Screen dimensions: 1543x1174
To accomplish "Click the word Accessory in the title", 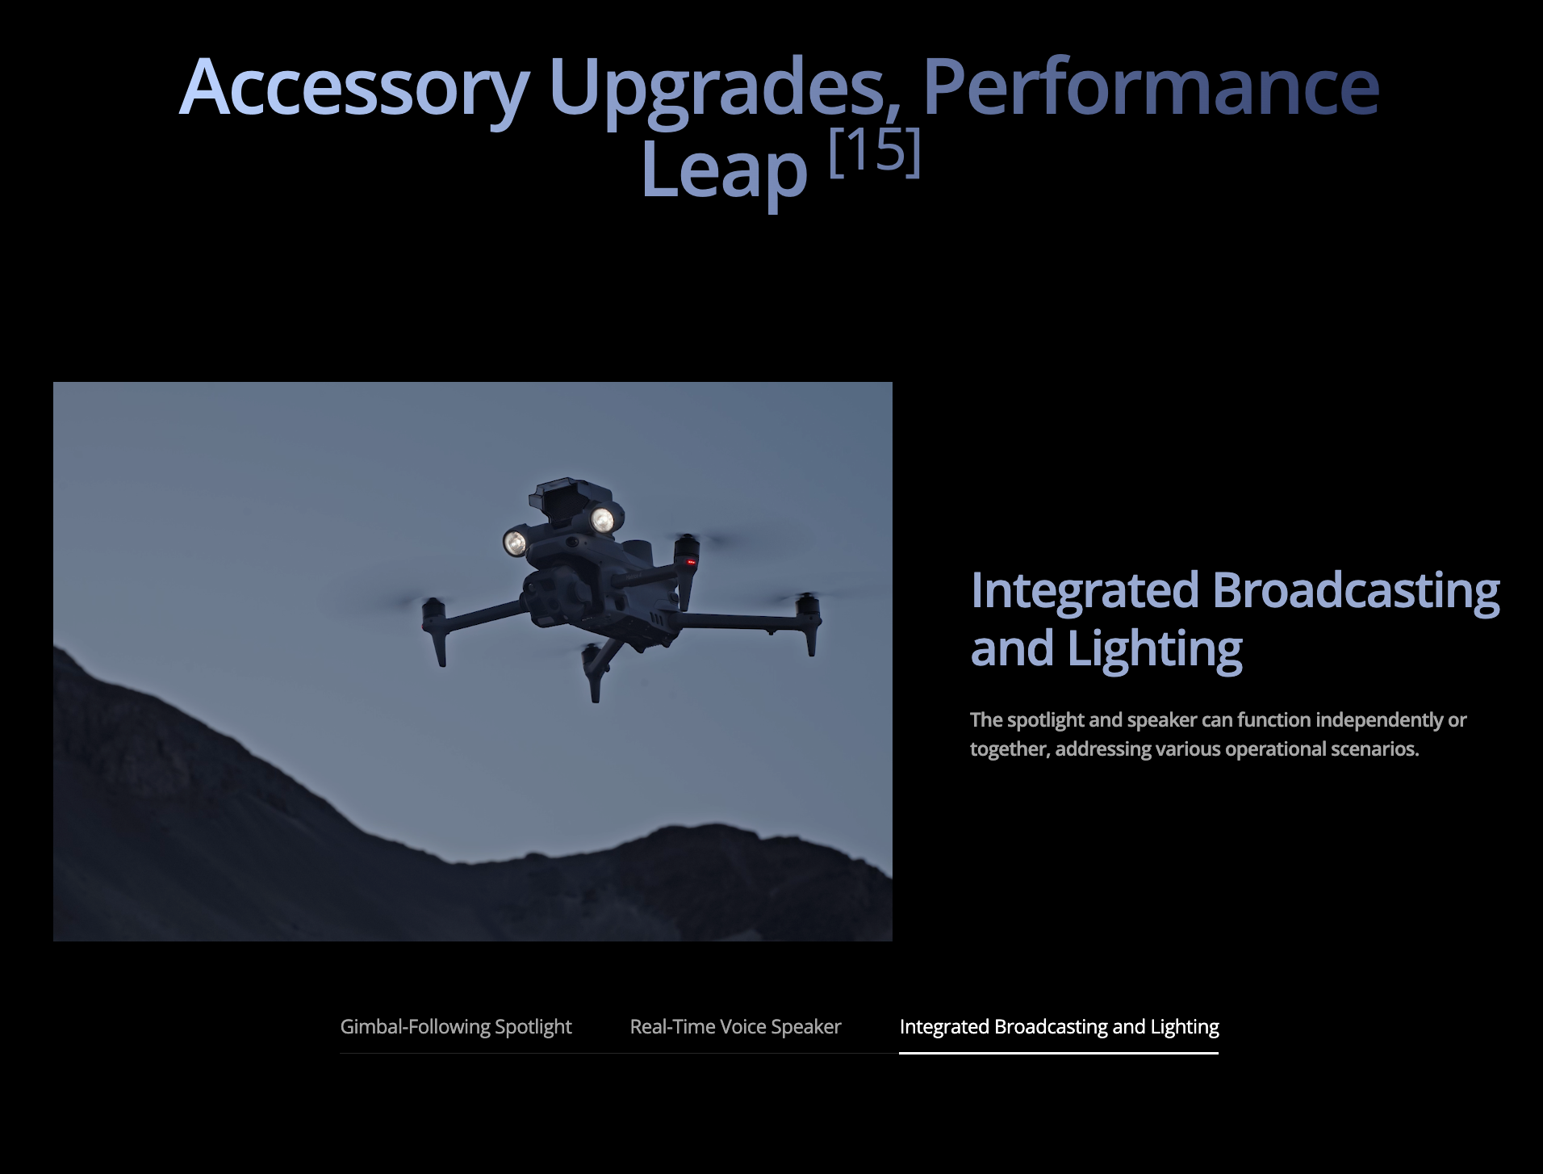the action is pos(353,88).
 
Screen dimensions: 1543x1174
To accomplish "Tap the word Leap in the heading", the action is pos(724,170).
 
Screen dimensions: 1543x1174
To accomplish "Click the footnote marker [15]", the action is pos(875,152).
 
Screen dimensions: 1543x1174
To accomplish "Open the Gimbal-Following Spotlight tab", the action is pos(456,1026).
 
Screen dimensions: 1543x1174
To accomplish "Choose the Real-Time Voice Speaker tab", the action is pos(735,1026).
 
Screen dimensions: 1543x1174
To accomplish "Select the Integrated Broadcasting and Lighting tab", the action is pos(1059,1026).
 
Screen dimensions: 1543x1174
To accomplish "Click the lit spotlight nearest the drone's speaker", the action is pos(603,519).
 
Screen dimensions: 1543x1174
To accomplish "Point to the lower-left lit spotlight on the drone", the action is pos(515,542).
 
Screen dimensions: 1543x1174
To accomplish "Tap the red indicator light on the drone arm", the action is pos(690,561).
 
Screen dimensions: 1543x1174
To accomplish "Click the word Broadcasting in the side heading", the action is pos(1356,590).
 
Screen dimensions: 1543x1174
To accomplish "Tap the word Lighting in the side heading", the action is pos(1155,648).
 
